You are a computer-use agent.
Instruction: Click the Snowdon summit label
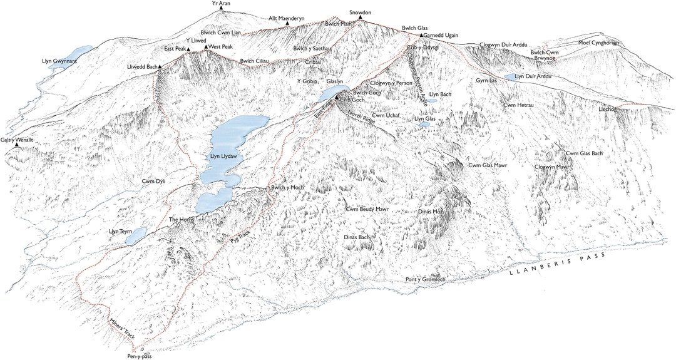(360, 12)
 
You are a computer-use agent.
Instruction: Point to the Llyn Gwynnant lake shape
(79, 51)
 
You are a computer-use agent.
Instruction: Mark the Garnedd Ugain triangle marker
(421, 36)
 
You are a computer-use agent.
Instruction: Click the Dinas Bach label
(357, 238)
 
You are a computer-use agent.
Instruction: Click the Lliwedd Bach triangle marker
(160, 66)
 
